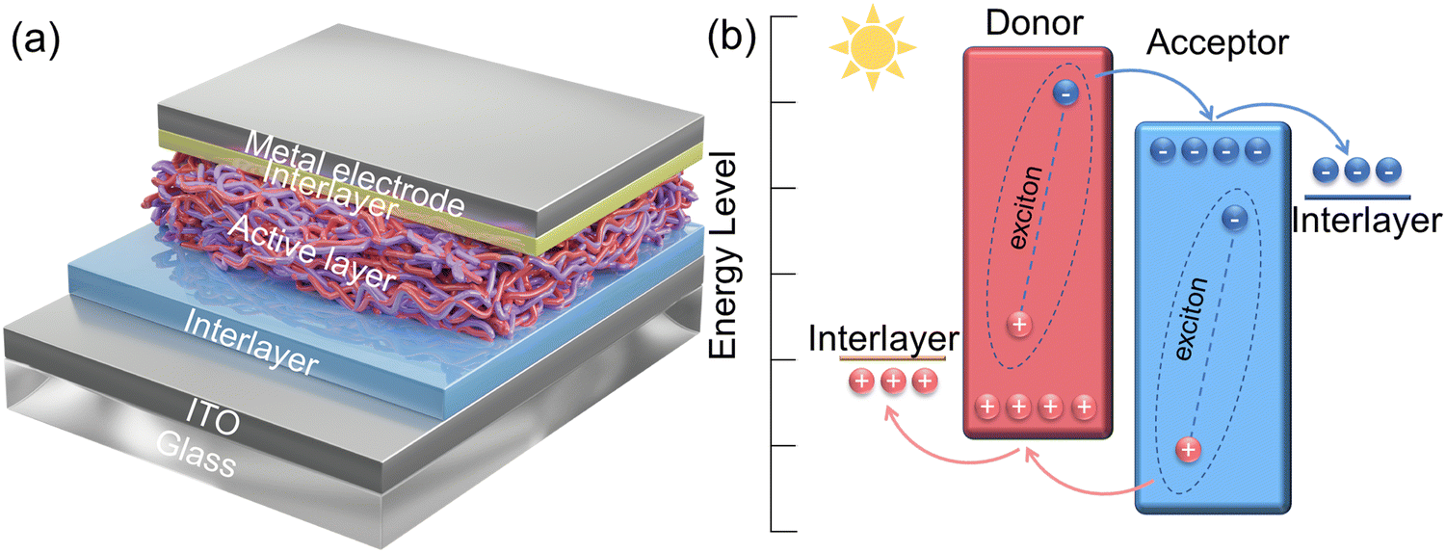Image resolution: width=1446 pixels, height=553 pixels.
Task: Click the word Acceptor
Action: coord(1217,41)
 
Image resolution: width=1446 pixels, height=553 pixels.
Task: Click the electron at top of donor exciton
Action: coord(1065,93)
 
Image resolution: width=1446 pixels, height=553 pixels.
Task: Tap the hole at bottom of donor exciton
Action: coord(1019,324)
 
